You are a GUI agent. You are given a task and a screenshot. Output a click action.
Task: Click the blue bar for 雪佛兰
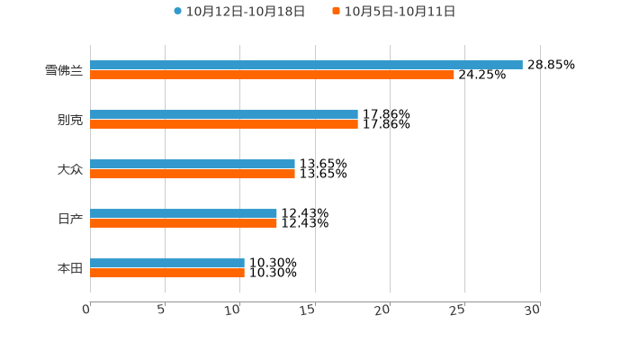[x=306, y=65]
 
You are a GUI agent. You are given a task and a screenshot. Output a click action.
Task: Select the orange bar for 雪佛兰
[x=272, y=75]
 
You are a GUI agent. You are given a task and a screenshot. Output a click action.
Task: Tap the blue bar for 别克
[x=224, y=114]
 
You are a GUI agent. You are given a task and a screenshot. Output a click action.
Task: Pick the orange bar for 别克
[x=224, y=124]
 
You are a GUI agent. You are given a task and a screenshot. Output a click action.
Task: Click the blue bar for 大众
[x=193, y=164]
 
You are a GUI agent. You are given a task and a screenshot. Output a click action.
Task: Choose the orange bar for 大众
[x=193, y=174]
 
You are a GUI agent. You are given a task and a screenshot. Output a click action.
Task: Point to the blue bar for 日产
[x=184, y=213]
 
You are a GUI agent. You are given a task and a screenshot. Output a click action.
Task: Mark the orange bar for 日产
[x=184, y=223]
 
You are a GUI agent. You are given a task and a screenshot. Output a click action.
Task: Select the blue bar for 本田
[x=167, y=263]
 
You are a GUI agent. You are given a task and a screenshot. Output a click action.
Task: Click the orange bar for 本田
[x=167, y=273]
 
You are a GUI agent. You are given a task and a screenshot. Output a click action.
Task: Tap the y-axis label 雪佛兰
[x=63, y=70]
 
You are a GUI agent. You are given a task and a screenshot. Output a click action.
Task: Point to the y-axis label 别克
[x=69, y=120]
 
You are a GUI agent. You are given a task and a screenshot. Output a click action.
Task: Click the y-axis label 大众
[x=69, y=169]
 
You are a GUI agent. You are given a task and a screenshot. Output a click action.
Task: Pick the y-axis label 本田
[x=69, y=268]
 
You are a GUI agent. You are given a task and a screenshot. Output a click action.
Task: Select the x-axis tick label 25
[x=458, y=310]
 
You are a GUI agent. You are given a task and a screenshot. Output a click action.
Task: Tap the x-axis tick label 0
[x=86, y=310]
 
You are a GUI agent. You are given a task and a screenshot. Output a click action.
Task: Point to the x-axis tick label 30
[x=533, y=310]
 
